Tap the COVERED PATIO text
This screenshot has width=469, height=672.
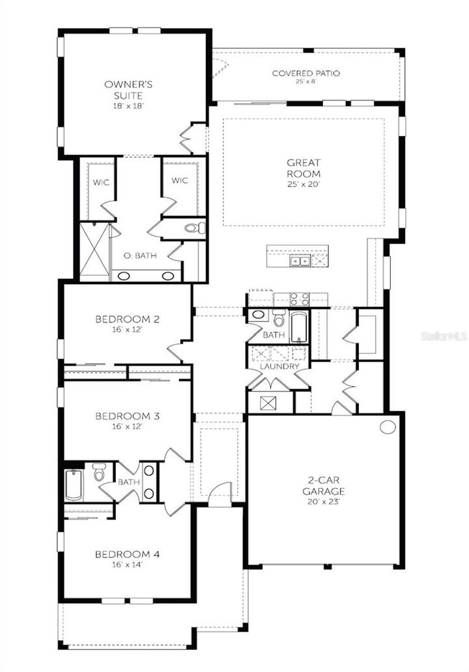pos(306,73)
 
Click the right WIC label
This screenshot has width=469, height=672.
pos(180,181)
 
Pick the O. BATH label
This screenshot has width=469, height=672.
pos(141,256)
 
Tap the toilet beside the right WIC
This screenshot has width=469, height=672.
pos(194,228)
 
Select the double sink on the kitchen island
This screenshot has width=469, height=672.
pos(300,261)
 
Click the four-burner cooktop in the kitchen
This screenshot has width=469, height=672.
pos(299,299)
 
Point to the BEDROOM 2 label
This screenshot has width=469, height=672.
pos(128,319)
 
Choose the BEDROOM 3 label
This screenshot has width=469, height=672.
pos(128,416)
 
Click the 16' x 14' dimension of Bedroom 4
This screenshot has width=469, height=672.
pos(128,565)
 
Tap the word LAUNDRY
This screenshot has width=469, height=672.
pos(279,367)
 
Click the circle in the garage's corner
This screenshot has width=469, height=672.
pos(388,427)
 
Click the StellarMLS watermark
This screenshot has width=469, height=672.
pos(444,337)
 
